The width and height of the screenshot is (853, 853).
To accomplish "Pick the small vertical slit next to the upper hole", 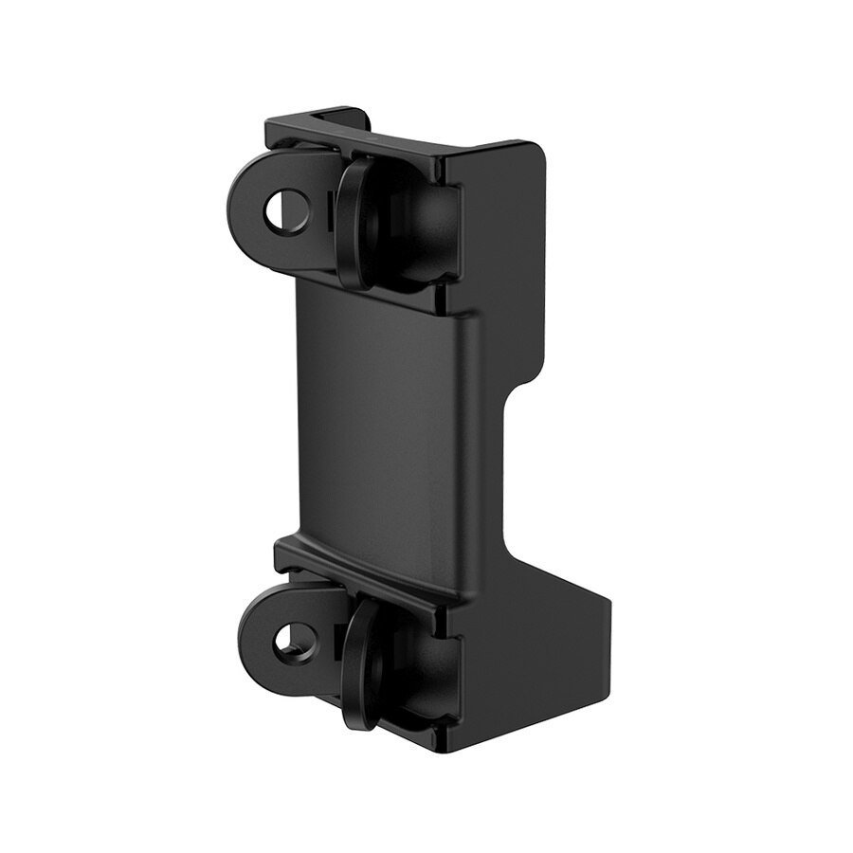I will click(x=327, y=213).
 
